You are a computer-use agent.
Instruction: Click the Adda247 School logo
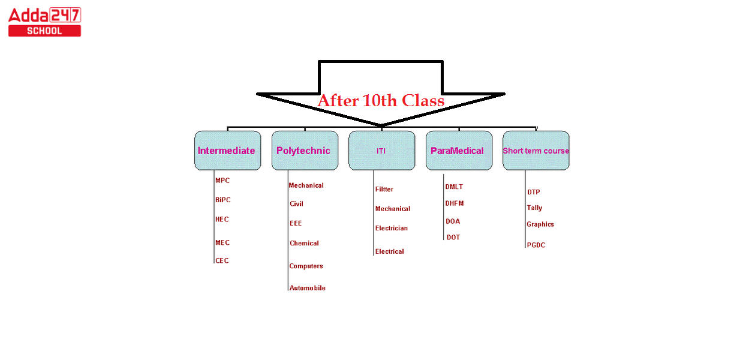(44, 22)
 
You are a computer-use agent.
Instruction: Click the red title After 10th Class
(381, 100)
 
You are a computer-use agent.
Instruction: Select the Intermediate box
(227, 151)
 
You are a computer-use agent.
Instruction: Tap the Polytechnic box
(304, 151)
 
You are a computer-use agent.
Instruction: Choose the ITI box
(381, 151)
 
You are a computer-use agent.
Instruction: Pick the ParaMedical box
(458, 151)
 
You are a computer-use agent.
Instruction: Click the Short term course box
(536, 151)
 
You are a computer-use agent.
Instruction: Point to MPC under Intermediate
(222, 181)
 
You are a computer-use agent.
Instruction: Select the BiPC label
(223, 200)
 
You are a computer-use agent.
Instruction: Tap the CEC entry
(222, 260)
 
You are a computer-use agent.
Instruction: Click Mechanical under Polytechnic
(306, 185)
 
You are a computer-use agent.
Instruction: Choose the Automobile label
(307, 288)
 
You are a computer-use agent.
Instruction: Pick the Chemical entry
(304, 243)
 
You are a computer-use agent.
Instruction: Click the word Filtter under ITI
(384, 189)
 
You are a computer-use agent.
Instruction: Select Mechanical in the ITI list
(393, 209)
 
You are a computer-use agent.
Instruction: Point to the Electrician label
(392, 228)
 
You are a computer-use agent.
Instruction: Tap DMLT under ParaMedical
(454, 187)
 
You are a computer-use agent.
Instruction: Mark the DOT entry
(453, 238)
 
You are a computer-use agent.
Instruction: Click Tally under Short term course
(534, 208)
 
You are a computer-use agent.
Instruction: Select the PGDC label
(536, 245)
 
